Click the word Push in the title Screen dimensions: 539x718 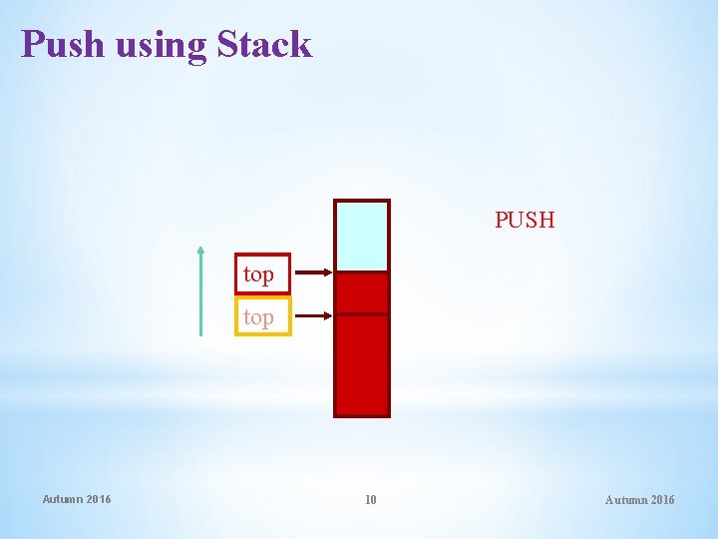point(63,45)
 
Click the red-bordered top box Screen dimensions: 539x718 point(262,273)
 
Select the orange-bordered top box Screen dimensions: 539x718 point(262,317)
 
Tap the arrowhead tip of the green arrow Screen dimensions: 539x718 point(201,248)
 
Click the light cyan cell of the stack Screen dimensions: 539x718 point(361,237)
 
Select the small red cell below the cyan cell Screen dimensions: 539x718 point(361,293)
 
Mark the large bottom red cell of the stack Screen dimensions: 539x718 point(361,364)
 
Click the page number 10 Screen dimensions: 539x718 point(370,500)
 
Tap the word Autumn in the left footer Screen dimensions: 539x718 point(63,499)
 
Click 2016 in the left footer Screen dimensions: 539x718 point(100,499)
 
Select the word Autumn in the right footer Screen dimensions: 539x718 point(625,500)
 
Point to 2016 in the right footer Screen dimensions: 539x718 point(662,500)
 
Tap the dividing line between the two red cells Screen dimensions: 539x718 point(361,315)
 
